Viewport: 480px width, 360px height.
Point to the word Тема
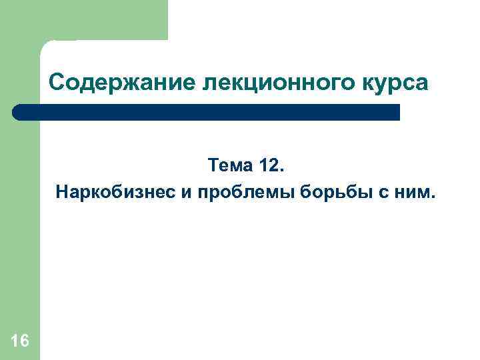[x=229, y=164]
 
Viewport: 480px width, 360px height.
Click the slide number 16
[x=20, y=341]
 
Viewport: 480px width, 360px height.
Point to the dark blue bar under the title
[x=207, y=112]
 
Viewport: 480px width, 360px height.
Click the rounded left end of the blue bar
[x=18, y=112]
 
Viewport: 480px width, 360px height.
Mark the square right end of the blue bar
[x=396, y=112]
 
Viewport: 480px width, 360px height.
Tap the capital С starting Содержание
[x=57, y=83]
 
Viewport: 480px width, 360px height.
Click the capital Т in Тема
[x=213, y=164]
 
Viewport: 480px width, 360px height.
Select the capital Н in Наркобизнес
[x=61, y=193]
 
